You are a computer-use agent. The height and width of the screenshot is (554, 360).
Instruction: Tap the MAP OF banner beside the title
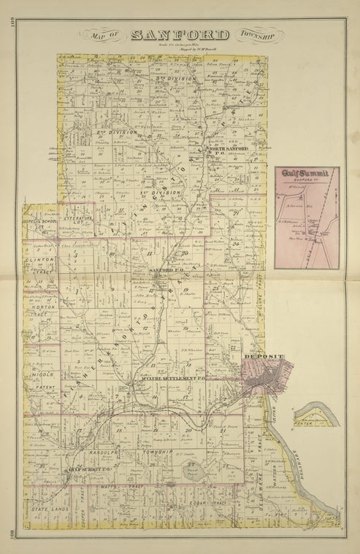point(106,34)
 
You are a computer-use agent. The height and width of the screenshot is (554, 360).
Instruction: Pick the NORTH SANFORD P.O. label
point(229,150)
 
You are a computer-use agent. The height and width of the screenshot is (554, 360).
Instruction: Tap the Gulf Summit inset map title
point(307,173)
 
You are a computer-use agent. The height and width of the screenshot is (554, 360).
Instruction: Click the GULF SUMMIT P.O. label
point(88,469)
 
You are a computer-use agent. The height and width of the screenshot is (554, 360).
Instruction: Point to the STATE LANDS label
point(49,505)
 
